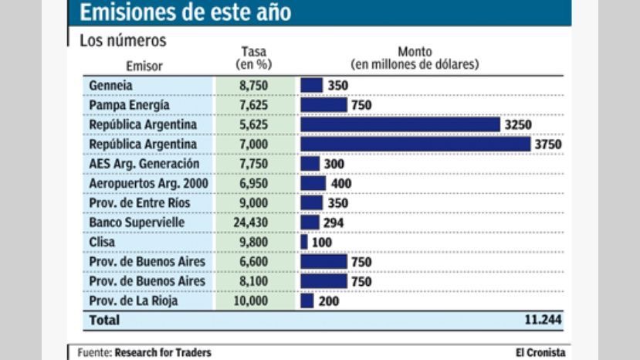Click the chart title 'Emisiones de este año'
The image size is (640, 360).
[185, 12]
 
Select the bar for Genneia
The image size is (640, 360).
[311, 85]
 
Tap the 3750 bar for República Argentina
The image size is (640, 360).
[415, 144]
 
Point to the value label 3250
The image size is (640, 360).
[517, 124]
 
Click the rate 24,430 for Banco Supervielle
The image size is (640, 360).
[254, 222]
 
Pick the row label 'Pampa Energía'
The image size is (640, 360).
[129, 105]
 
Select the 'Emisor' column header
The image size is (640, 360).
[144, 66]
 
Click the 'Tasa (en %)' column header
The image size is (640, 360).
[254, 59]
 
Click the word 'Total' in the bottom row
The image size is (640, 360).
[104, 319]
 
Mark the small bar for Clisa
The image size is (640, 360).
[304, 242]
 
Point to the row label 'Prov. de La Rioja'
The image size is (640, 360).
[134, 301]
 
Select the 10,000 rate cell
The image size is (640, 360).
[254, 301]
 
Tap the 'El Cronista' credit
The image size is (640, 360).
[540, 352]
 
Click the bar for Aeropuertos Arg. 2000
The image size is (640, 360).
[313, 183]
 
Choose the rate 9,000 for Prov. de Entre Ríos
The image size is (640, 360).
[254, 202]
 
